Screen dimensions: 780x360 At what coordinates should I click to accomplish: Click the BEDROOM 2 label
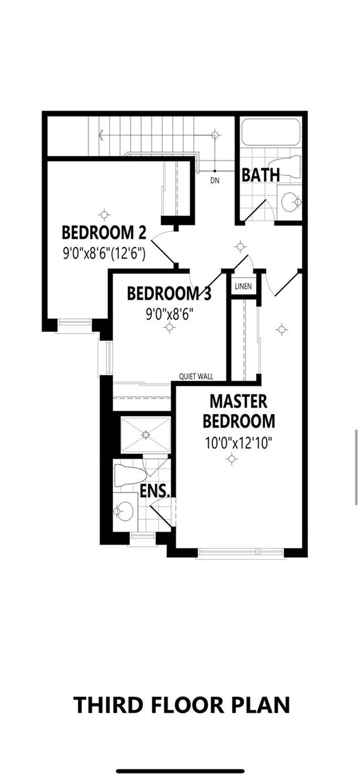pos(104,233)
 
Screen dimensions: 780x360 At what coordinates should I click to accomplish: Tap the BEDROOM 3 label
pos(169,294)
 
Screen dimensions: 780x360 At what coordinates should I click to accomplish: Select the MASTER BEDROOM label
pos(238,410)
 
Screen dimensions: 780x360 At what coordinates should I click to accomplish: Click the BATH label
pos(261,175)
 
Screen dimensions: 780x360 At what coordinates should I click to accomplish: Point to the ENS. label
pos(155,491)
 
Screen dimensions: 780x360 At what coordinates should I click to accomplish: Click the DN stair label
pos(215,180)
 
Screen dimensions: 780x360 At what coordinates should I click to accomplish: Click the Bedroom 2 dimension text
pos(104,252)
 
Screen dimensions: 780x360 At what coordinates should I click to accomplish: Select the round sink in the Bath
pos(290,201)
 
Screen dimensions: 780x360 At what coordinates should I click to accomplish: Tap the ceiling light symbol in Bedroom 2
pos(103,213)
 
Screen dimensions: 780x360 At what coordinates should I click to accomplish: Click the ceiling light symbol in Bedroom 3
pos(170,328)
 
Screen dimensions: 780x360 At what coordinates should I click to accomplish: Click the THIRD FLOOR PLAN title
pos(181,705)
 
